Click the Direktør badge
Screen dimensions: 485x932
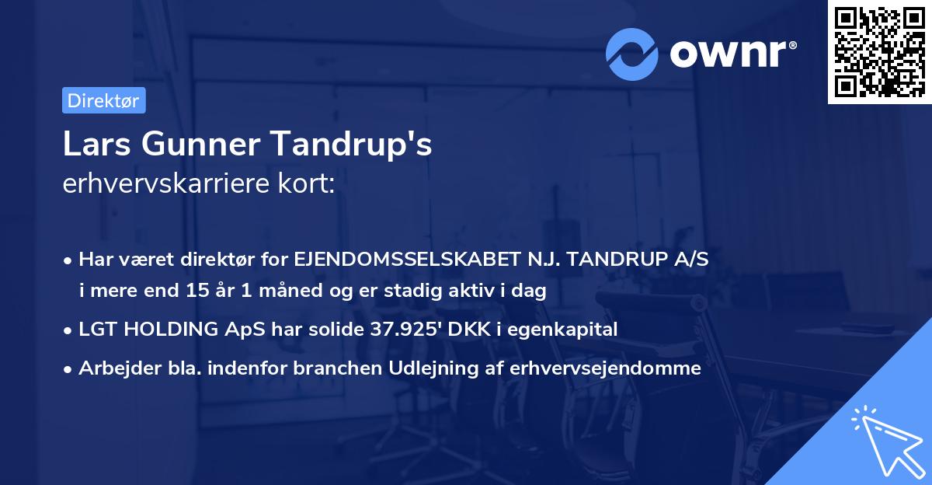(x=103, y=100)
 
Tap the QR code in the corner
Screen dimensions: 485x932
(x=880, y=51)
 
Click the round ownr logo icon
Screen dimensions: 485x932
(x=632, y=54)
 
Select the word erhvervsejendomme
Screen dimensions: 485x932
(x=605, y=368)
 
